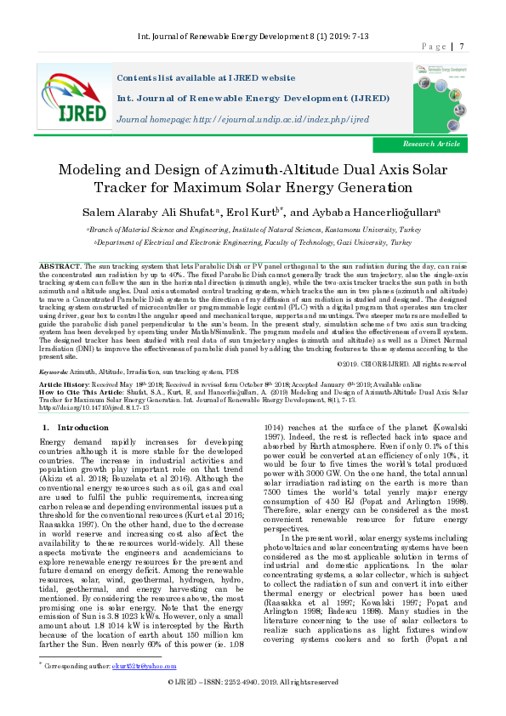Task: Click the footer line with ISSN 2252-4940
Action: (x=253, y=706)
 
